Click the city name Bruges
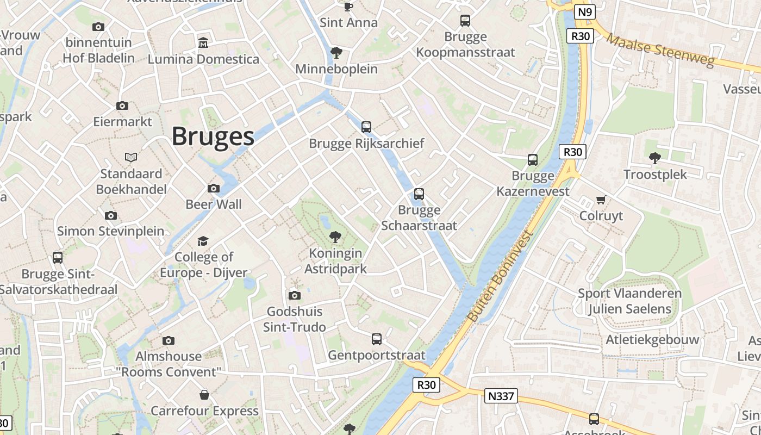click(x=213, y=136)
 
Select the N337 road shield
click(x=501, y=396)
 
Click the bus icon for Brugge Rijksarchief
click(x=366, y=127)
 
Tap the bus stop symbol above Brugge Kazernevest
click(x=533, y=160)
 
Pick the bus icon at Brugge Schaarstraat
click(x=419, y=194)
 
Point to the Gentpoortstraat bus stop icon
click(x=377, y=339)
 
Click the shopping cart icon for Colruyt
click(x=601, y=200)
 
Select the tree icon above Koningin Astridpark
click(x=335, y=237)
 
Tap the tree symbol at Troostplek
click(x=655, y=158)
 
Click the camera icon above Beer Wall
click(x=214, y=189)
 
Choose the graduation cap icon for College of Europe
click(x=203, y=241)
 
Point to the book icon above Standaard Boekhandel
click(x=131, y=157)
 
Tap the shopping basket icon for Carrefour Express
click(x=204, y=394)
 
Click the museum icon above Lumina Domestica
click(x=203, y=42)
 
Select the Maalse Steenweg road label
click(x=660, y=50)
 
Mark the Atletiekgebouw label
click(x=652, y=340)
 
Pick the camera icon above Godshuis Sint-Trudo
click(x=295, y=295)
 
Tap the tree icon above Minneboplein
click(x=336, y=53)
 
